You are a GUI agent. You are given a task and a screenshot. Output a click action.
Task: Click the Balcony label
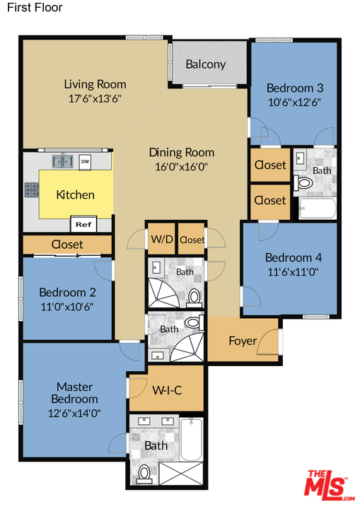(206, 64)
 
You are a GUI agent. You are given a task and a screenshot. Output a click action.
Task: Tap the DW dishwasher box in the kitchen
(85, 162)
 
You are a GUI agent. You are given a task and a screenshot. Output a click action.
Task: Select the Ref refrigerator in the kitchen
(83, 224)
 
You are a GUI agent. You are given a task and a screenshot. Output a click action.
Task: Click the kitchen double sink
(62, 160)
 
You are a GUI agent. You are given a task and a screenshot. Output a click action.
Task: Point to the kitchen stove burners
(32, 190)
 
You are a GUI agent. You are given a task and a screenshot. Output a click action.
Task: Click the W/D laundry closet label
(162, 239)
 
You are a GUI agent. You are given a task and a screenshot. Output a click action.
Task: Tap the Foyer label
(243, 341)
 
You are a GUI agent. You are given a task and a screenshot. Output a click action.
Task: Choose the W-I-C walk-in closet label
(167, 390)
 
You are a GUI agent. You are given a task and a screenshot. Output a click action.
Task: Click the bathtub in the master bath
(191, 439)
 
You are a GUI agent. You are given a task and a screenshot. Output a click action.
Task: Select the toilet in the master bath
(144, 474)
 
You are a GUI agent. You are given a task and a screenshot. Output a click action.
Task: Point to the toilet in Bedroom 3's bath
(303, 183)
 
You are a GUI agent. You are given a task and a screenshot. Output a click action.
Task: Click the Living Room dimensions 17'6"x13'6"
(95, 98)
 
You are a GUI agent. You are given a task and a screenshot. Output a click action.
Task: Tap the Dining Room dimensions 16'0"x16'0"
(181, 167)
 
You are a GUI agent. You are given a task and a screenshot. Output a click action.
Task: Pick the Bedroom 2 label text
(68, 292)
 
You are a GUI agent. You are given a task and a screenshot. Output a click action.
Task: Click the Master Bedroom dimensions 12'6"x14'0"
(74, 414)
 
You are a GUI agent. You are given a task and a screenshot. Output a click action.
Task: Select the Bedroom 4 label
(294, 257)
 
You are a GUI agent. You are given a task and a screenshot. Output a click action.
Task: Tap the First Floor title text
(35, 8)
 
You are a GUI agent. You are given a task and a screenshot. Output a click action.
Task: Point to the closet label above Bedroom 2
(67, 245)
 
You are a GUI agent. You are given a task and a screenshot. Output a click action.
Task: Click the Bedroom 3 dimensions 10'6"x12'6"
(294, 103)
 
